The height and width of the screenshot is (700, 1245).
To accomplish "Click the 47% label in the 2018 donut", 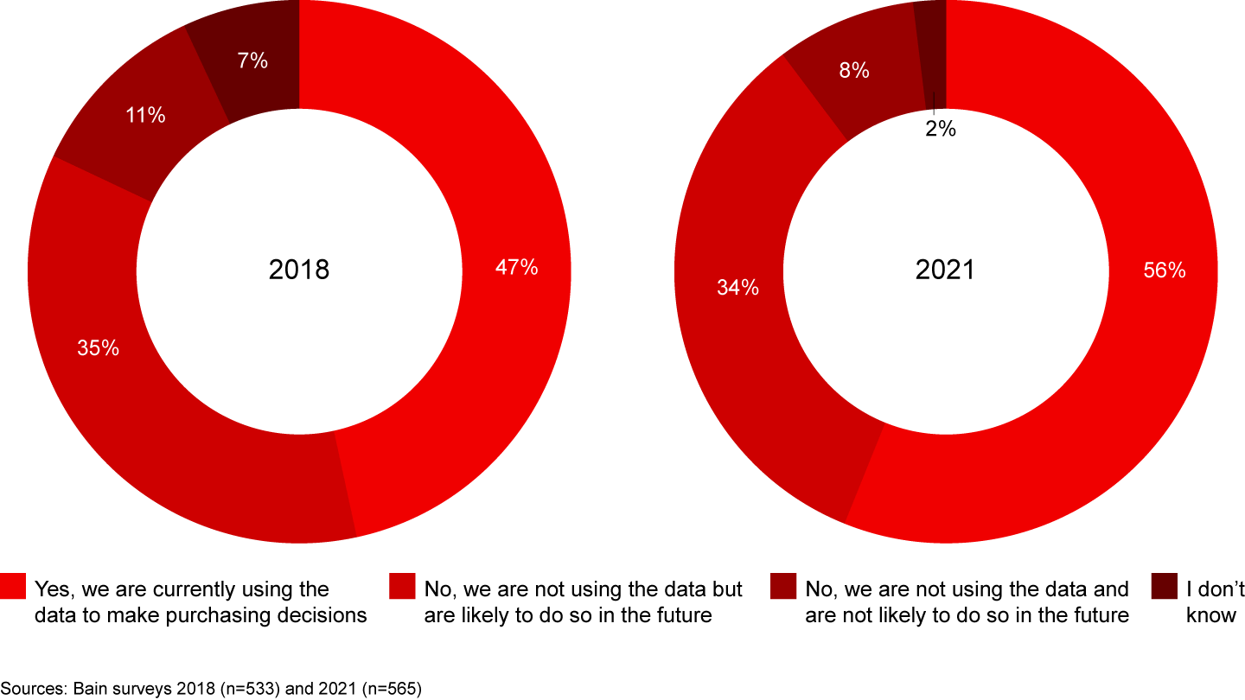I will (x=517, y=268).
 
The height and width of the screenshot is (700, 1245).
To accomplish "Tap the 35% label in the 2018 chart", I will (x=98, y=348).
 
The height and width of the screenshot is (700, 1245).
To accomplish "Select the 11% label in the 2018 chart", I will (x=144, y=115).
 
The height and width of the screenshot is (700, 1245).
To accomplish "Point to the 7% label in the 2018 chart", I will (x=252, y=61).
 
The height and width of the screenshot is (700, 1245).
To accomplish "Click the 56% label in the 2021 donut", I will (x=1164, y=270).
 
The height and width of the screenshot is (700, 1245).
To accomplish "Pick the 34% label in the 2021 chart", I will (x=737, y=288).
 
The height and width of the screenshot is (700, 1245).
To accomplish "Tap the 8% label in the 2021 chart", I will (x=854, y=72).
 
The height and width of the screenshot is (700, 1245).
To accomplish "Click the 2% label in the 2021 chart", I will (x=941, y=130).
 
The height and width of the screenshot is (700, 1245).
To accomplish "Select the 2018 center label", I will (x=299, y=270).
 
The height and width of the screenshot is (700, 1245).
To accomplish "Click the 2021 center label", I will (x=945, y=270).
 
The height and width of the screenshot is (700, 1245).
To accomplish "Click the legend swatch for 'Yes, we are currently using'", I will (x=13, y=585).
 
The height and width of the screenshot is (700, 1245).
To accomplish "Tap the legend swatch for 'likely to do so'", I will (x=403, y=585).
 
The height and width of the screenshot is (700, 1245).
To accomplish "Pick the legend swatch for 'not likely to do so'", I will (x=783, y=585).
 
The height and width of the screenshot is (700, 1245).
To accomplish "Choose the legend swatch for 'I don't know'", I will (x=1165, y=585).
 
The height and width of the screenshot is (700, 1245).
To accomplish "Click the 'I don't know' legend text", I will (x=1215, y=602).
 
